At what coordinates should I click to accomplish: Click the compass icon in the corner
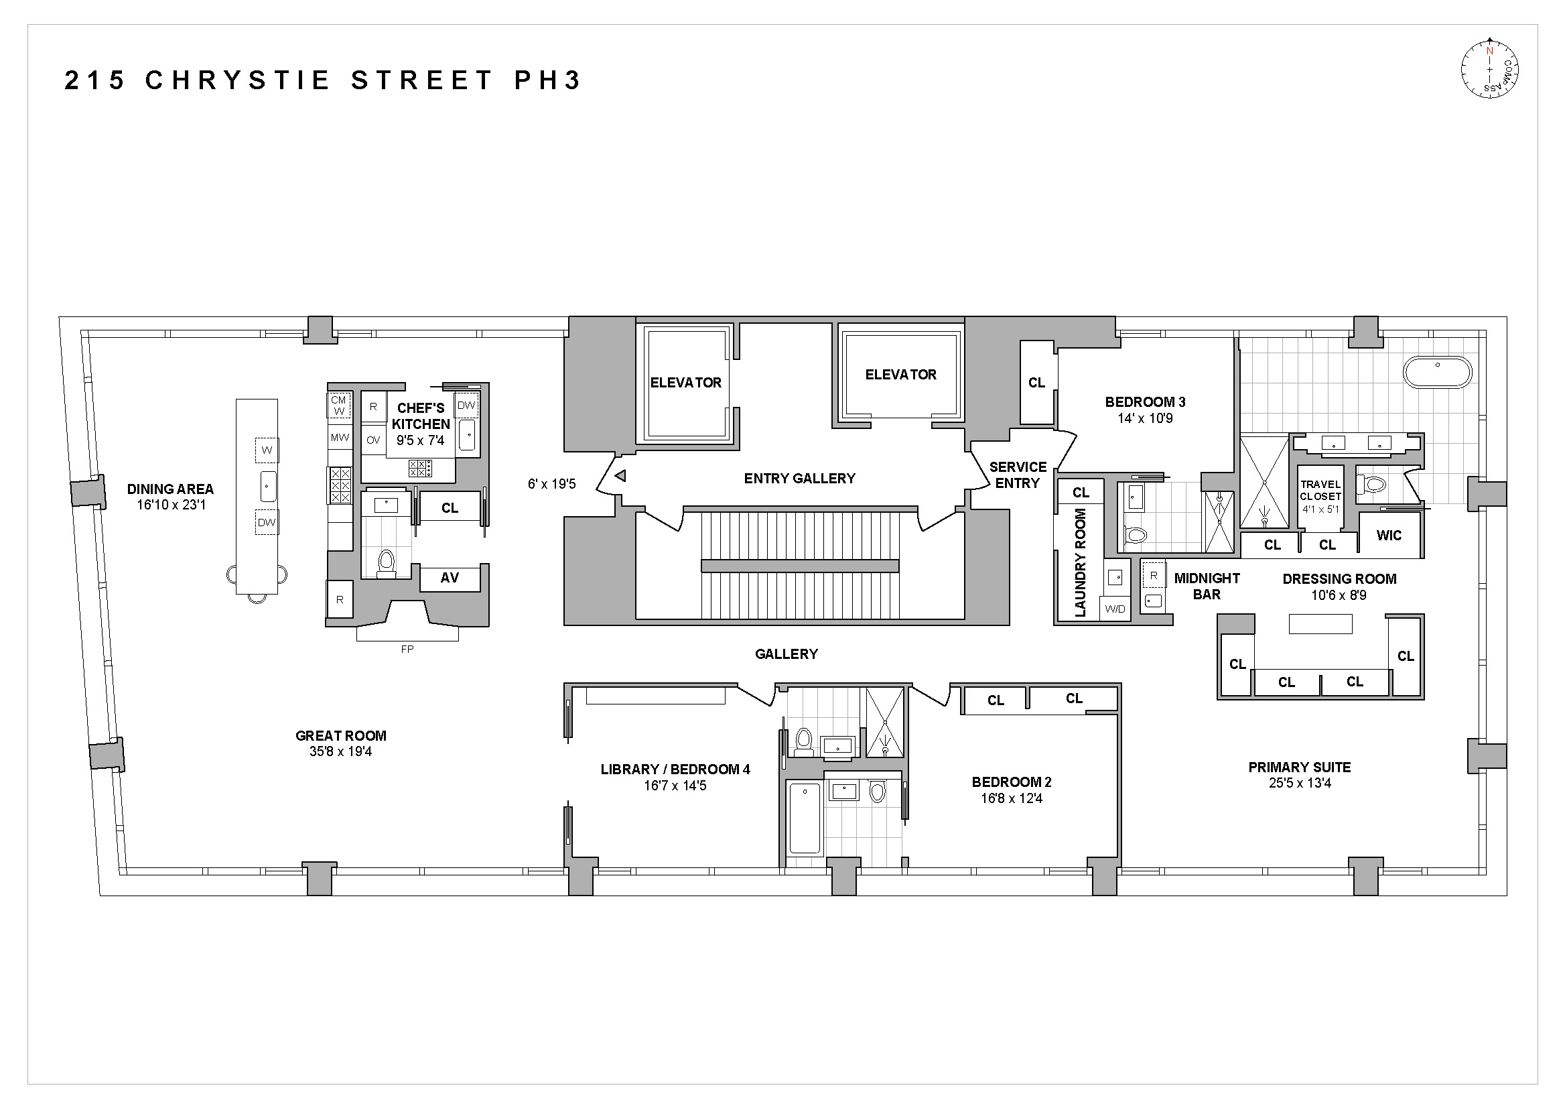pos(1489,68)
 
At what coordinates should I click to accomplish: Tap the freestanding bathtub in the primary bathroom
pos(1437,372)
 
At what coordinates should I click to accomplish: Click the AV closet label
pos(449,578)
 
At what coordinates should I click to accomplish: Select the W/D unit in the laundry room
pos(1115,609)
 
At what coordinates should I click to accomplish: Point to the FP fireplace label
pos(407,650)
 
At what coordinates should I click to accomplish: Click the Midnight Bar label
pos(1207,587)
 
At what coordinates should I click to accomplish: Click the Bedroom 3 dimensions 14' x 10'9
pos(1144,418)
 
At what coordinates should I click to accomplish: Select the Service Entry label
pos(1018,475)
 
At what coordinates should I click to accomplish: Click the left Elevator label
pos(685,383)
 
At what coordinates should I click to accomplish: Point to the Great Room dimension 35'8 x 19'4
pos(340,751)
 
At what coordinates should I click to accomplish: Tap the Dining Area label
pos(170,489)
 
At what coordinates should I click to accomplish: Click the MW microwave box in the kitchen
pos(339,438)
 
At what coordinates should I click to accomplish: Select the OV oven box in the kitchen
pos(372,440)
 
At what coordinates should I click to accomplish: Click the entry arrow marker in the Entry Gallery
pos(620,476)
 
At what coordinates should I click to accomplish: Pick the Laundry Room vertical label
pos(1080,562)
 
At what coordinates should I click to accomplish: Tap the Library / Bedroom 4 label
pos(675,770)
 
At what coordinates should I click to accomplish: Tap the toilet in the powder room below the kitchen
pos(387,563)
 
